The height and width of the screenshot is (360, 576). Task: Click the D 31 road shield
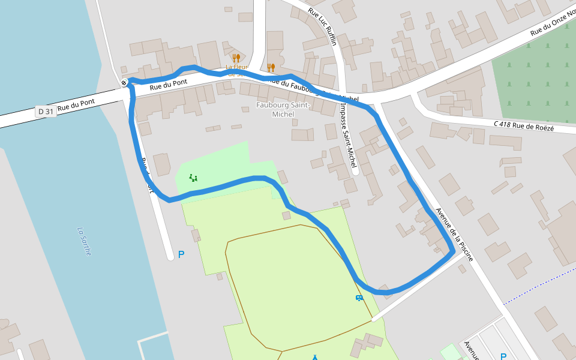tap(46, 111)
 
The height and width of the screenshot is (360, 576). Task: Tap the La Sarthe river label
tap(84, 241)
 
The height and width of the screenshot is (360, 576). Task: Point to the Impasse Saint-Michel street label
tap(347, 133)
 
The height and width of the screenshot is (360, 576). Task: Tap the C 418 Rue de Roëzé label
tap(524, 126)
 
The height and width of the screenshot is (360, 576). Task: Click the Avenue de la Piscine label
tap(454, 235)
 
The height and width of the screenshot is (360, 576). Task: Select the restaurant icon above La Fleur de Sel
tap(236, 58)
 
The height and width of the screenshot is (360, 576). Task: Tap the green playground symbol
tap(193, 178)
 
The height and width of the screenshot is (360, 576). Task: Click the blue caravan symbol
tap(359, 298)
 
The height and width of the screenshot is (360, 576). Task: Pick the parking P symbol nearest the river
tap(181, 254)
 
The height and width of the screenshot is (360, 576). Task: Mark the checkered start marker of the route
tap(124, 83)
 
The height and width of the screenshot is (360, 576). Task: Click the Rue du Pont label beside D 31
tap(76, 103)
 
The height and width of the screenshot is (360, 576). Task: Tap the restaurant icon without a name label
tap(271, 68)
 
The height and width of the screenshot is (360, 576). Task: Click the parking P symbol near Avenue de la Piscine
tap(503, 356)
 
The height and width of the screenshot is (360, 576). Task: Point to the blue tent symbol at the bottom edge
tap(314, 358)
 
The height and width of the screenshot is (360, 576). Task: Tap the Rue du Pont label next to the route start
tap(168, 85)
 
